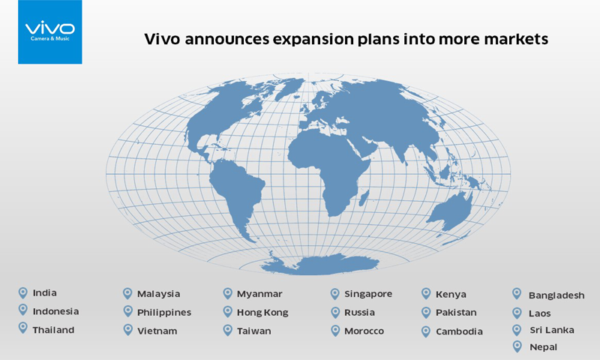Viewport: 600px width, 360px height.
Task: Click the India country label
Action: pos(45,293)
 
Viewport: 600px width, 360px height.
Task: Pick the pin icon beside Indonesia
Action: pos(23,310)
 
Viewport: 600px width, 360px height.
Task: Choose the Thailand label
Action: pos(53,330)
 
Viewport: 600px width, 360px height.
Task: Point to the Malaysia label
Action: pos(158,294)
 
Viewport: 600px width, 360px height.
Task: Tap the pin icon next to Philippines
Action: pos(127,311)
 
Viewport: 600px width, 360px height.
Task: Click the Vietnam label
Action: pos(157,331)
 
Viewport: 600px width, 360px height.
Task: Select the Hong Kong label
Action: pos(262,313)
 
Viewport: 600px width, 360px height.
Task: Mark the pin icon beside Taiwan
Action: pos(228,330)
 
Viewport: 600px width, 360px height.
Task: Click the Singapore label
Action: pos(368,294)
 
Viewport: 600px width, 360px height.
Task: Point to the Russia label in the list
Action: pos(359,313)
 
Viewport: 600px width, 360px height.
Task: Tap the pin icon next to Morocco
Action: pos(335,331)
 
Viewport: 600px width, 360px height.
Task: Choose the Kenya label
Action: pos(451,295)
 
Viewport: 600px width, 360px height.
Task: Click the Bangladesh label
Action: pos(556,295)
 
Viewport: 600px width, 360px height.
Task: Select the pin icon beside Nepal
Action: pos(517,346)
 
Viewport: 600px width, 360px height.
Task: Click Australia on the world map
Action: pos(451,212)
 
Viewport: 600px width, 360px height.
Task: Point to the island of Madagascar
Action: pos(364,197)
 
